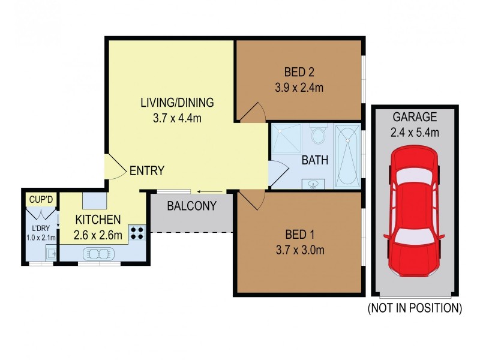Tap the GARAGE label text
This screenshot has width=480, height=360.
414,117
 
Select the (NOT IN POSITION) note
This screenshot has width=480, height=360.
415,308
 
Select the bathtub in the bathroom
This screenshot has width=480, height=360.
347,155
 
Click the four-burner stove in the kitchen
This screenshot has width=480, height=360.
137,232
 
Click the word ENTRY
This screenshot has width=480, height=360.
146,171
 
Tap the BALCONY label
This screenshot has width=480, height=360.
191,206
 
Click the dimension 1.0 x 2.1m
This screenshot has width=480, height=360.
40,238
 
